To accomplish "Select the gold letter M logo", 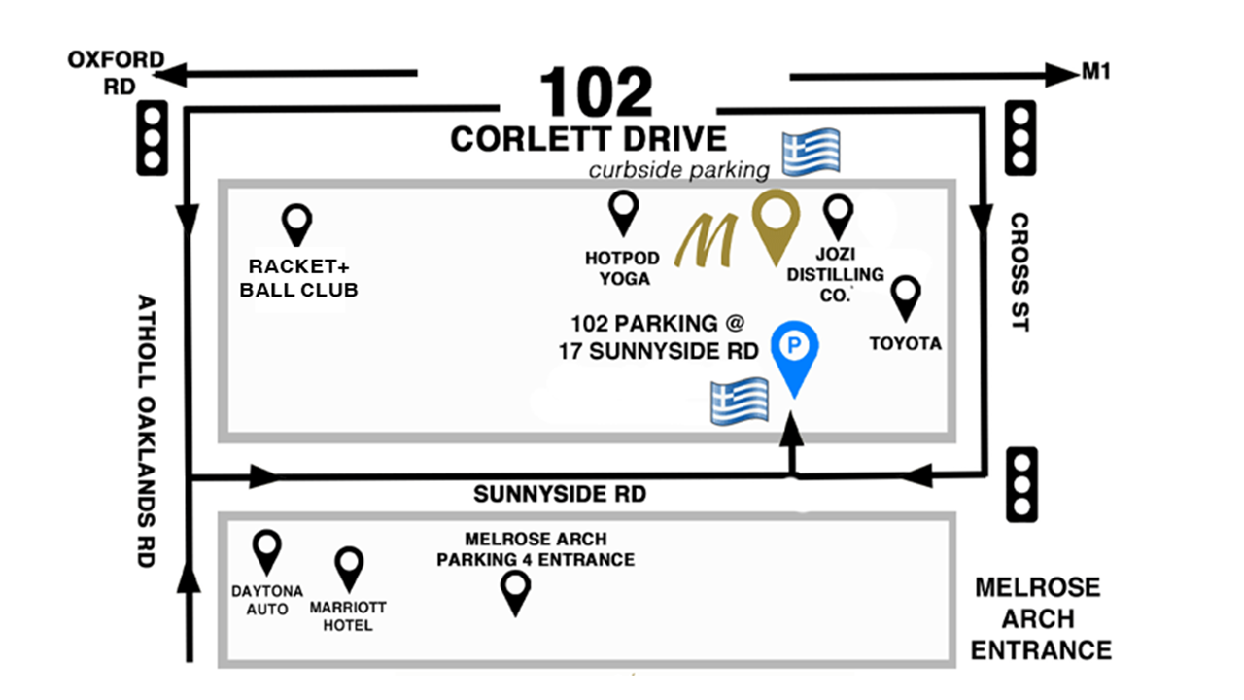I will pos(710,240).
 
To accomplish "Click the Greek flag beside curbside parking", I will pos(812,154).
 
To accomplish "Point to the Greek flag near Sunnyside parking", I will pos(740,401).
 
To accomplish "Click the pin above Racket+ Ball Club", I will pos(296,225).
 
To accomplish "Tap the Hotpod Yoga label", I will pos(622,268).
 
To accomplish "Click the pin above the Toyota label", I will pos(907,296).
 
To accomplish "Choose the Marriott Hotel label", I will pos(348,616).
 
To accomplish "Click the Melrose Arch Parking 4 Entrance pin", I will pos(515,591).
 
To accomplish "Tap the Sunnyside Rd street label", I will pos(560,495).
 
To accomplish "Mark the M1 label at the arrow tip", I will pos(1095,72).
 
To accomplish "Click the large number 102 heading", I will pos(596,92).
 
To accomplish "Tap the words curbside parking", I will pos(678,171).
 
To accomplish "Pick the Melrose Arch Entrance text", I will pos(1040,618).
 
